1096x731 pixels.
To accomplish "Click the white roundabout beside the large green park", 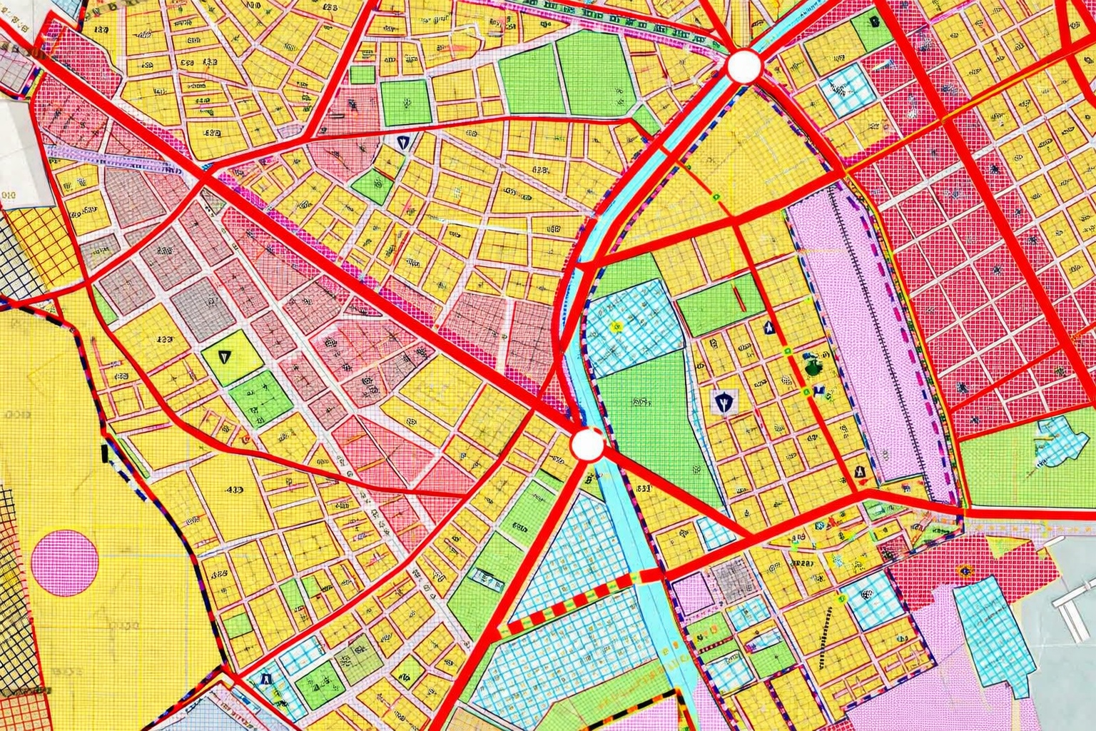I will click(x=587, y=445).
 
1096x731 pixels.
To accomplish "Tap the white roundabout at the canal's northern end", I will click(x=744, y=66).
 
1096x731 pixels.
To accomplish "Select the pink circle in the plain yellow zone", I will click(x=65, y=563).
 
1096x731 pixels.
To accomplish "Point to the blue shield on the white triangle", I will click(x=404, y=141).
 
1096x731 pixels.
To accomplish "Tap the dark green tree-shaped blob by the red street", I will click(x=813, y=367).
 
